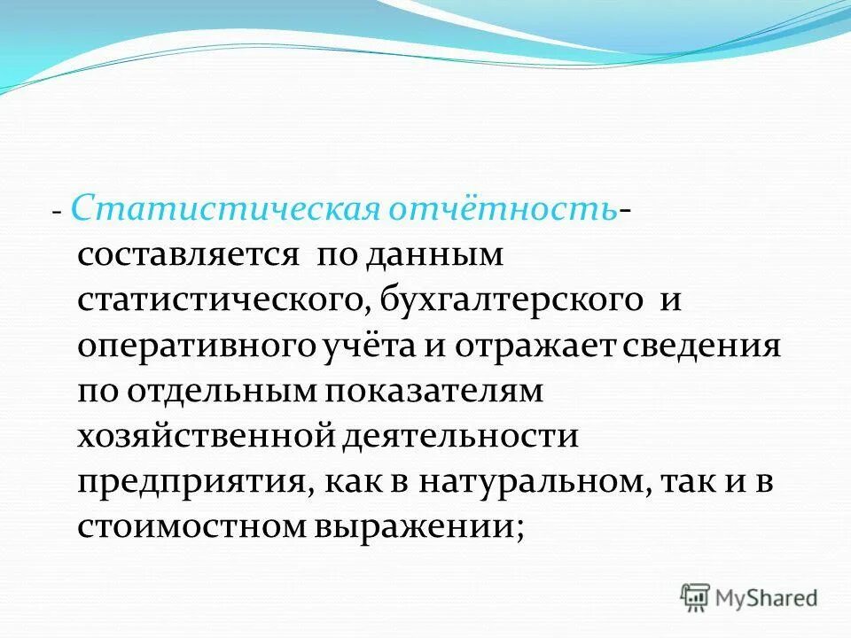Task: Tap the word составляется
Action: [186, 255]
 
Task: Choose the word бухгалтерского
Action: [512, 300]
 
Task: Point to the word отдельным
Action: [223, 391]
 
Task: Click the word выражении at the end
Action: [414, 526]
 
